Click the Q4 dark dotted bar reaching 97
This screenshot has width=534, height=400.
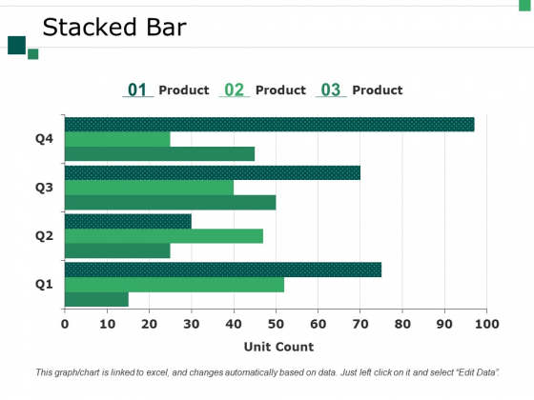[269, 124]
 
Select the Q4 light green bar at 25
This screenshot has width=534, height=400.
[117, 139]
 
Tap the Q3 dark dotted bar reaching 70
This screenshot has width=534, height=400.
[212, 172]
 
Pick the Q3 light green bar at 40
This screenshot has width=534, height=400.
[149, 188]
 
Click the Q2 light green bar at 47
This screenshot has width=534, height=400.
[163, 236]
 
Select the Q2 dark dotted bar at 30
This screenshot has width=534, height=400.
[128, 221]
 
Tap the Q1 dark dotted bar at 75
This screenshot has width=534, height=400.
[222, 270]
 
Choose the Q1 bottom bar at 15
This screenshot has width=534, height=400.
[96, 300]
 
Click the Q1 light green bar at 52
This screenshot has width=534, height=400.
[174, 285]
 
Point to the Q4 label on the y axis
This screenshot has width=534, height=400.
[44, 139]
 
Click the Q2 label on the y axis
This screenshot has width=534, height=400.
[44, 236]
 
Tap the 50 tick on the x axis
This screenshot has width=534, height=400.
[276, 323]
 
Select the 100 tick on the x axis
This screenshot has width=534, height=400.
[486, 323]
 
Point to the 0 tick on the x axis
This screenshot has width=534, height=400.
[65, 323]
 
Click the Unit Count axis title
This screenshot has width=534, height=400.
[278, 347]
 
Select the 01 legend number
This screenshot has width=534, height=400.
[137, 90]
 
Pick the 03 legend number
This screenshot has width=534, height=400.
[331, 90]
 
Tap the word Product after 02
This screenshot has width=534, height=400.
[280, 90]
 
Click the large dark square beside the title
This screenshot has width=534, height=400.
[16, 45]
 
